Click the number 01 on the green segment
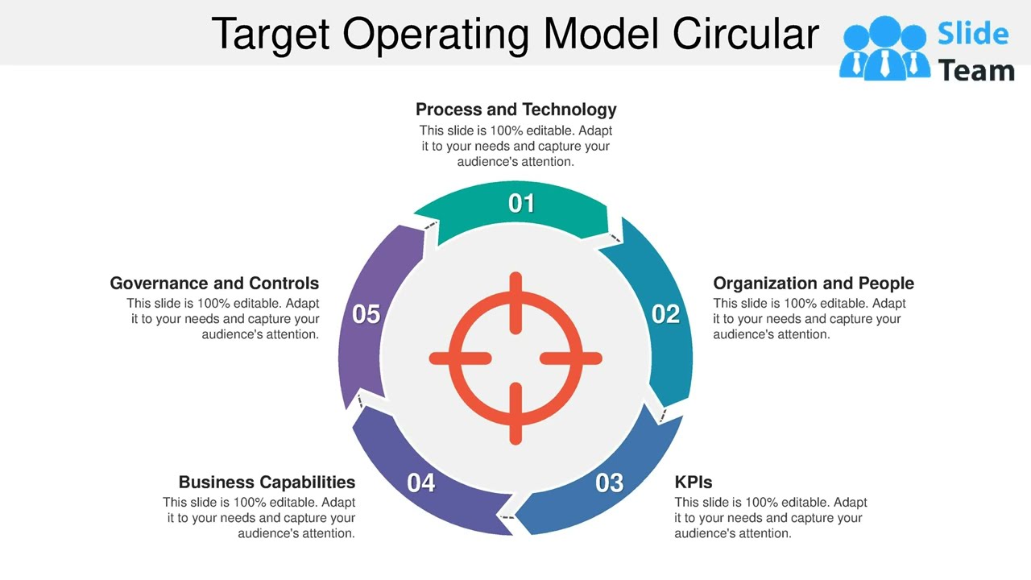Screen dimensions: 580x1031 click(x=521, y=204)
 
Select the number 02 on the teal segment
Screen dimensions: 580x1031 click(x=665, y=314)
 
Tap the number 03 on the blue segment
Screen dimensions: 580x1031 click(x=609, y=483)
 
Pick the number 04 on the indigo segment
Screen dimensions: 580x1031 click(x=421, y=483)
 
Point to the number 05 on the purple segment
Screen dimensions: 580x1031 click(x=366, y=314)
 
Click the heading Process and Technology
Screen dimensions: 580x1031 click(x=515, y=110)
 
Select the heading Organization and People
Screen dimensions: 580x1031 click(x=813, y=284)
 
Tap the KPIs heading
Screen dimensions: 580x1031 click(x=694, y=483)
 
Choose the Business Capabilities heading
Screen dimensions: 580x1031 click(x=267, y=483)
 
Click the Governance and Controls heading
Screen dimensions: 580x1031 click(x=214, y=284)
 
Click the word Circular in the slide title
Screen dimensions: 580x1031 click(x=746, y=34)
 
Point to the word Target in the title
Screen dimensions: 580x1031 click(x=271, y=34)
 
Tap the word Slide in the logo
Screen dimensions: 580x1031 click(x=973, y=34)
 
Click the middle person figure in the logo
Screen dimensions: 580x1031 click(x=884, y=50)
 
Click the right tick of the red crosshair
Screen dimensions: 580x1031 click(x=570, y=358)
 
